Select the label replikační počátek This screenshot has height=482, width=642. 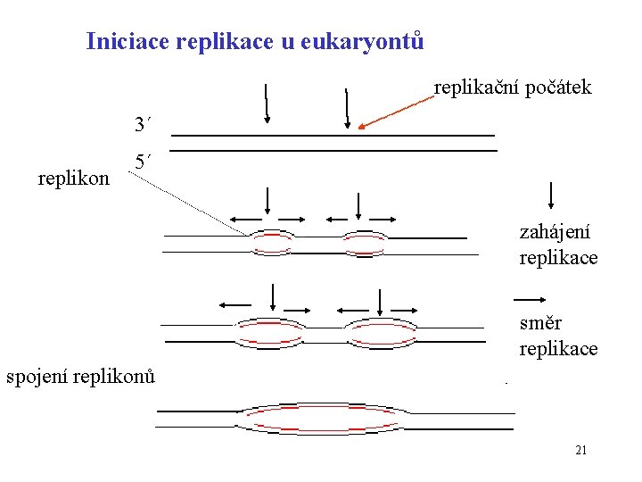coord(513,87)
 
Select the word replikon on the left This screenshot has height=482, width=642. coord(74,178)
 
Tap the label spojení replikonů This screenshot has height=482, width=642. coord(80,376)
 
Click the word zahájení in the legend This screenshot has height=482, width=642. coord(555,231)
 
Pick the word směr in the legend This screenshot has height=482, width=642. coord(540,322)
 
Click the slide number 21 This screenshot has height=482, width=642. coord(580,450)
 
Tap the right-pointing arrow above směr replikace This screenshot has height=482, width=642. coord(531,299)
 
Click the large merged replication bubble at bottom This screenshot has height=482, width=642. coord(326,420)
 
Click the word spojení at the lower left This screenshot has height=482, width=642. coord(37,376)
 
